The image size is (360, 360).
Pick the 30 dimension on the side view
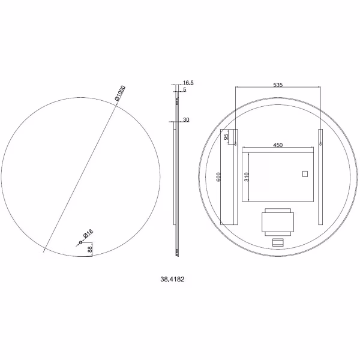click(x=186, y=120)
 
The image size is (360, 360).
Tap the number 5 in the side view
click(x=185, y=89)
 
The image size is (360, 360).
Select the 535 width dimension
click(x=278, y=85)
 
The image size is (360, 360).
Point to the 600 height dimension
click(x=220, y=177)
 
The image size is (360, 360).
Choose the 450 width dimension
click(x=278, y=145)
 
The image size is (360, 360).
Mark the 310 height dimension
click(x=246, y=176)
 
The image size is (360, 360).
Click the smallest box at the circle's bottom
click(x=278, y=243)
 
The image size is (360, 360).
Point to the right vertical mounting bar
click(x=321, y=177)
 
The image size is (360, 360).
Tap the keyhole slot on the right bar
click(x=321, y=143)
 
